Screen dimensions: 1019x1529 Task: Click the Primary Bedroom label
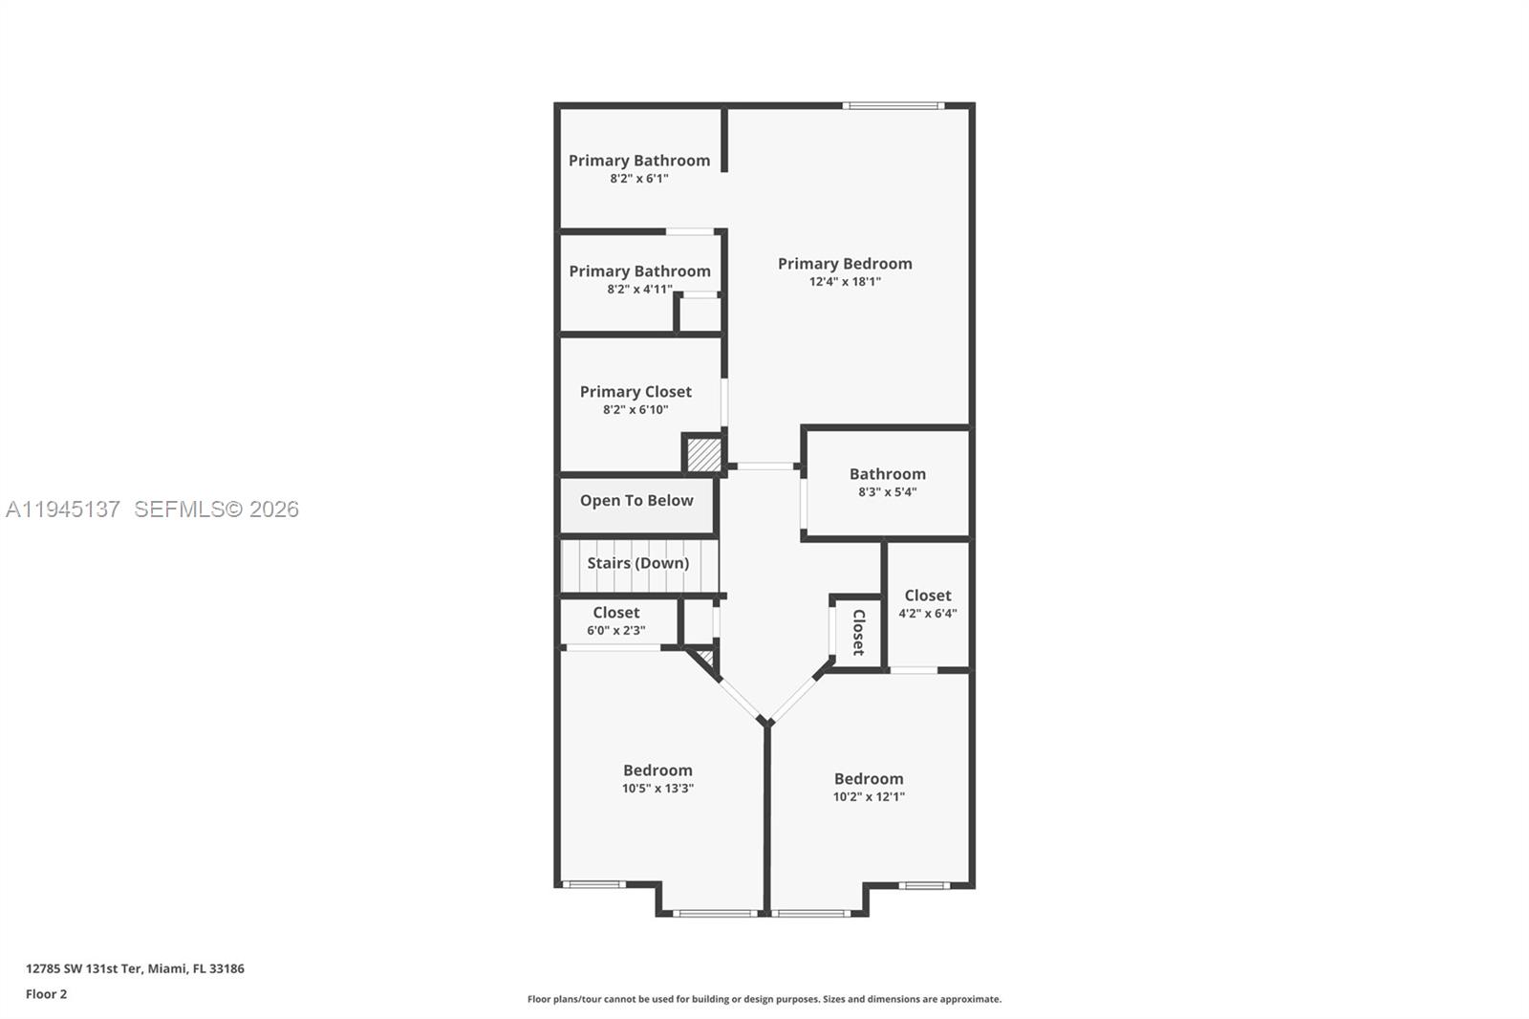844,264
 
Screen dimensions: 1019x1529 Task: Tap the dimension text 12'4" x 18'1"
845,282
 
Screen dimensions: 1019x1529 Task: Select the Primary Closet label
635,392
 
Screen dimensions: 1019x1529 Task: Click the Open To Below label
636,501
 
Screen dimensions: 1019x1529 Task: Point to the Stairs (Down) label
637,563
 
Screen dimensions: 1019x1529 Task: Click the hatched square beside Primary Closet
704,454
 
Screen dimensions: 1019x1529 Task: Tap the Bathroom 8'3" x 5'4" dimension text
887,492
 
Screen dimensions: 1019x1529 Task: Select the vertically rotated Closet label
858,632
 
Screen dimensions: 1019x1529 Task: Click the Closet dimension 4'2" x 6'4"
927,614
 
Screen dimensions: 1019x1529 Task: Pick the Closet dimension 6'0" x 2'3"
615,631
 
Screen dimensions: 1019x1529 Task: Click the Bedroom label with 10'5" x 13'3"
657,770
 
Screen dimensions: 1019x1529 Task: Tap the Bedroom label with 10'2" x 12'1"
868,779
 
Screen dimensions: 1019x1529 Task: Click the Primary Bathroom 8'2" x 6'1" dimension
639,179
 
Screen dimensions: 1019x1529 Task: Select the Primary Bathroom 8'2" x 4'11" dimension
639,290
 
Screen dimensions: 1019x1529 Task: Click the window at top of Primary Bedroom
894,105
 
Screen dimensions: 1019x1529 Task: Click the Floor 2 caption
46,994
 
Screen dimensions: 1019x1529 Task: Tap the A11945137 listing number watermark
63,509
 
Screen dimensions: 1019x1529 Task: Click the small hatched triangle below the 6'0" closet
706,658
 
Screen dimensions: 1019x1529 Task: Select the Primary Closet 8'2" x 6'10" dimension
635,410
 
